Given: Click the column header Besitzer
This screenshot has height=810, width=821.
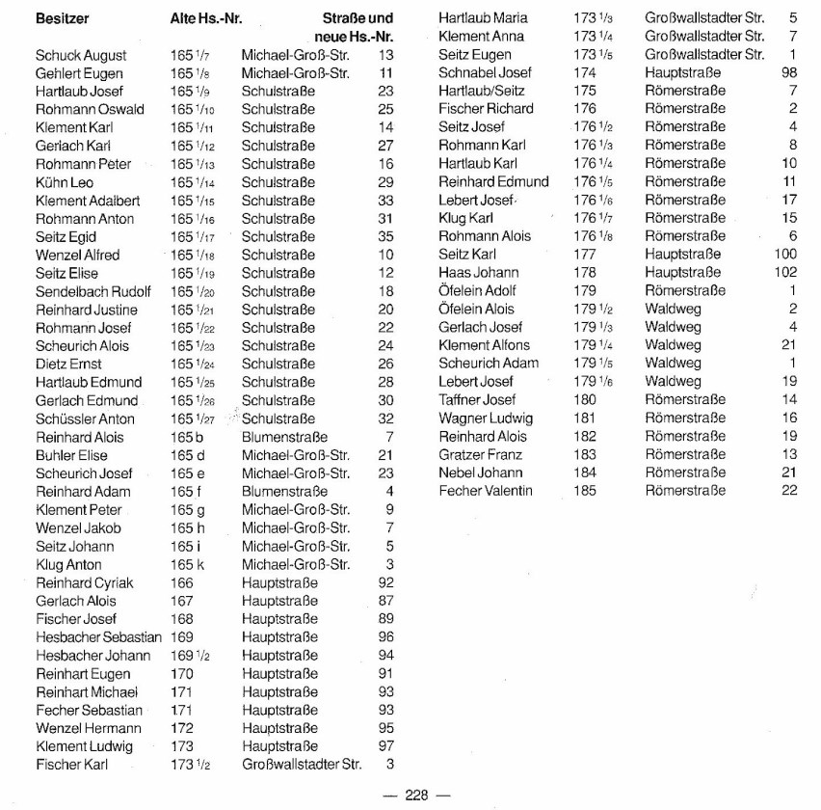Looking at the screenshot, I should point(63,17).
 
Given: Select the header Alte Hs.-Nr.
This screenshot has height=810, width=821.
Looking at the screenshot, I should point(205,17).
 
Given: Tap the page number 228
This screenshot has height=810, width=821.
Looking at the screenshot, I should point(415,795).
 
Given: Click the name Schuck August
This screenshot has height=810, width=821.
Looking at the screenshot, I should point(81,55).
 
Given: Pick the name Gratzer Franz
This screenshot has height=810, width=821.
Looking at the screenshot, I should point(480,454).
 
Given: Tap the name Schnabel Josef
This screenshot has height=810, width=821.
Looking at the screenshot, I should point(485,72).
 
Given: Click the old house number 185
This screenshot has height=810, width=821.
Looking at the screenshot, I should point(585,491).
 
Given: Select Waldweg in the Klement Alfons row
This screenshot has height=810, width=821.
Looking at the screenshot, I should point(673,345).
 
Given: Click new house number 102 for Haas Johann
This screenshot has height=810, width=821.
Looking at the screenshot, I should point(785,273).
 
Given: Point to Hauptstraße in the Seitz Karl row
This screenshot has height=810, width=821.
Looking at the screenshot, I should point(683,255).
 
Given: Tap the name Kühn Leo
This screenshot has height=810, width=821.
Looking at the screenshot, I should point(65,182).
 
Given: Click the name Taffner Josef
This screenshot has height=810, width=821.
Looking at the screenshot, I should point(477,399).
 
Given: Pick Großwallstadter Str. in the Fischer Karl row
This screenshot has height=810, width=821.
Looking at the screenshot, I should point(302,765).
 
